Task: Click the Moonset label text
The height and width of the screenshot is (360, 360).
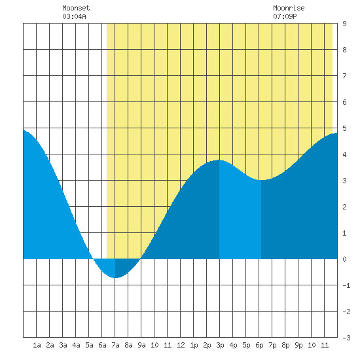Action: click(76, 8)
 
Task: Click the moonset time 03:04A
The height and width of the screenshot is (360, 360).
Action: click(74, 16)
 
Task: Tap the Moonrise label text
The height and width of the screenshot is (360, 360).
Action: click(289, 8)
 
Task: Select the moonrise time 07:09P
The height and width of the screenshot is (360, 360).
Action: click(285, 16)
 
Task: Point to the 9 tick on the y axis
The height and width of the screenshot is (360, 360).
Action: click(344, 24)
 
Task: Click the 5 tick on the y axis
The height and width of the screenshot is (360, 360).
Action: click(344, 128)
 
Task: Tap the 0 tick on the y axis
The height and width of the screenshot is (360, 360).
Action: click(344, 259)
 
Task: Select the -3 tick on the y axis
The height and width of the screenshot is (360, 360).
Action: click(346, 338)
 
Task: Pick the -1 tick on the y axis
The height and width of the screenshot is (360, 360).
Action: click(346, 285)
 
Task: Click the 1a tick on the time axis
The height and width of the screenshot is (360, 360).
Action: click(37, 345)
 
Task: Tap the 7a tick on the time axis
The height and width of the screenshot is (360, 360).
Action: click(115, 345)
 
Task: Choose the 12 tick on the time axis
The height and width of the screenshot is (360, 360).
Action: click(181, 345)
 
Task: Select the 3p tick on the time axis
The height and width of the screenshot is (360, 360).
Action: click(220, 345)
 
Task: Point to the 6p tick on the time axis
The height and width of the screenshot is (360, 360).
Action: click(259, 345)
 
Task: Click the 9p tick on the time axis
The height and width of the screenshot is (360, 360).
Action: click(298, 345)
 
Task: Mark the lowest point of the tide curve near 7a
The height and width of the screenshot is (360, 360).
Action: click(115, 278)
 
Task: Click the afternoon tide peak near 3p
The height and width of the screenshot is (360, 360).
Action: click(219, 160)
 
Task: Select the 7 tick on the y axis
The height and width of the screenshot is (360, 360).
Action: click(344, 76)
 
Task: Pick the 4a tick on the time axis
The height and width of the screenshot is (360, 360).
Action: click(76, 345)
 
